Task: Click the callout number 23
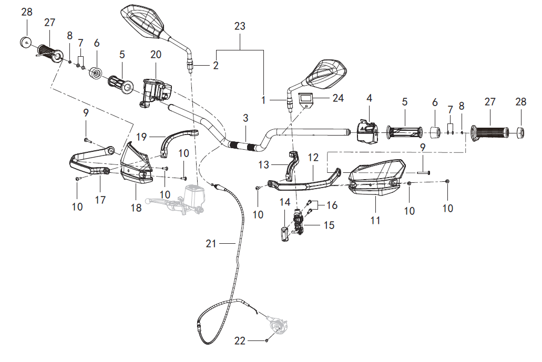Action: click(240, 26)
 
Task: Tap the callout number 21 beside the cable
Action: click(211, 243)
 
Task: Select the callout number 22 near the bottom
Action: click(240, 340)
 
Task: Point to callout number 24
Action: click(338, 98)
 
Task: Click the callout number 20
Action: click(156, 55)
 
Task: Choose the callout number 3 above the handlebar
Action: click(246, 118)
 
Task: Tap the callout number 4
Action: click(369, 98)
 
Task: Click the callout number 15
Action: click(329, 225)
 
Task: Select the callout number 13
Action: click(263, 164)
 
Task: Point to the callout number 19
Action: click(141, 137)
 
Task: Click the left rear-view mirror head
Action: click(142, 20)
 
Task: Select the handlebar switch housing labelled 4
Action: click(368, 131)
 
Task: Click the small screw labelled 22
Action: click(267, 340)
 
